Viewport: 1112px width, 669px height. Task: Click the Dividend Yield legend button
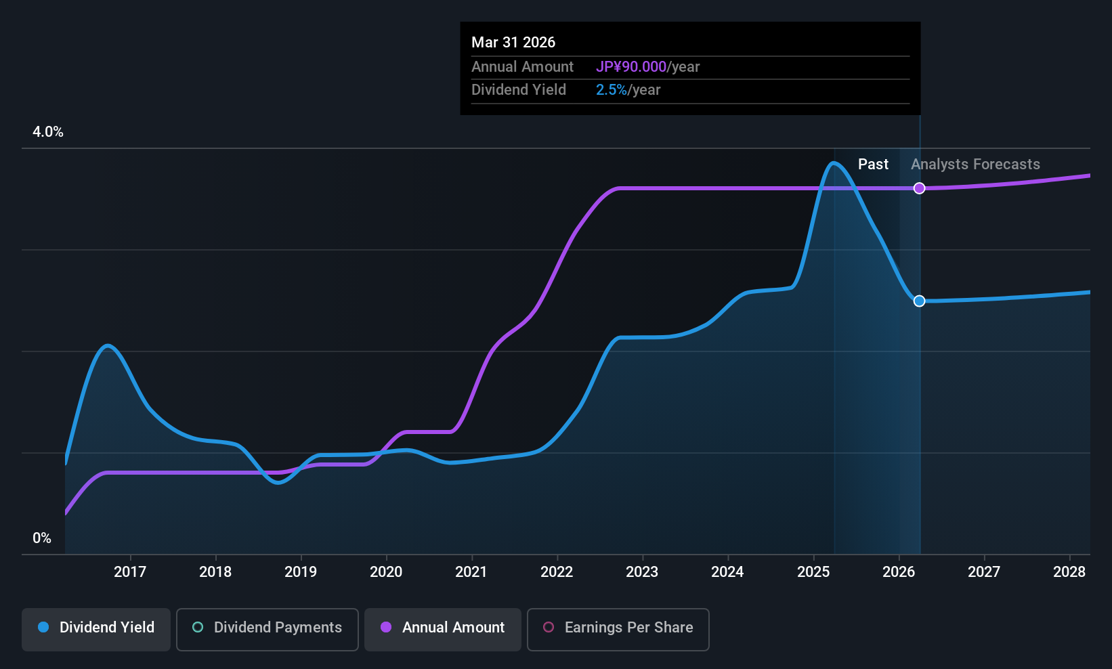(95, 629)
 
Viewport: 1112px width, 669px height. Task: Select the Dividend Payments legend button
(267, 629)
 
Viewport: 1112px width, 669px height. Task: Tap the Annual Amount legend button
(443, 629)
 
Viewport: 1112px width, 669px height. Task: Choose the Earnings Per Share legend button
(618, 629)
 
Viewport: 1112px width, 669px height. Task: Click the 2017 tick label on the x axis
(130, 571)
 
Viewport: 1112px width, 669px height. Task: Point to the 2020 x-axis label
(386, 571)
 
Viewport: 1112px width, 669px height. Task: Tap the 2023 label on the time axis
(643, 571)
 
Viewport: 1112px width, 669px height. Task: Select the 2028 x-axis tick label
(1069, 571)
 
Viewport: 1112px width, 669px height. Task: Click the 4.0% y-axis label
(48, 132)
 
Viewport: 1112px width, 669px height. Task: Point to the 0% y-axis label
(42, 538)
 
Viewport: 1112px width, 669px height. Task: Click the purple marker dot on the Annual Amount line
(920, 188)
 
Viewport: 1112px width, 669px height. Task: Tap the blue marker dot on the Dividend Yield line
(920, 301)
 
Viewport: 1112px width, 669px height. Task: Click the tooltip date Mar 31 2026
(513, 42)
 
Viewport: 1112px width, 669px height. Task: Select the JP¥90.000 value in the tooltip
(631, 66)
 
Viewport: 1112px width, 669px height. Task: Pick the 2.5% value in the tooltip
(611, 90)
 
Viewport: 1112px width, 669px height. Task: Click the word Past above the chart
(873, 165)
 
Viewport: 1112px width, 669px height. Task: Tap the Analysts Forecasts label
(975, 165)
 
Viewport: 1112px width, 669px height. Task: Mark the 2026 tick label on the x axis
(899, 571)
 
